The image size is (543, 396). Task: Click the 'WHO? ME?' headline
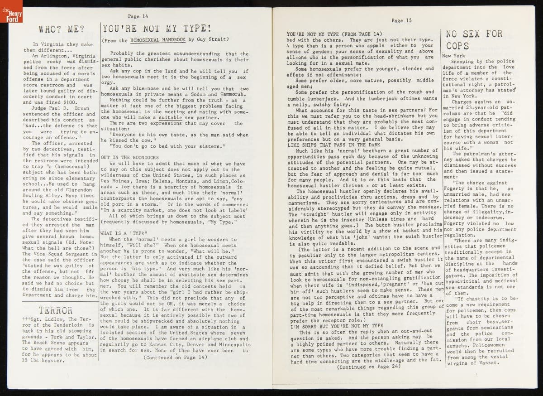[x=61, y=30]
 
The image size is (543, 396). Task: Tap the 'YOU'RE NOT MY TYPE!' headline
[x=156, y=29]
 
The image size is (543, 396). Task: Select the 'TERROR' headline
[x=56, y=310]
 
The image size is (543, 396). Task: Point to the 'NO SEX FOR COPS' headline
[x=474, y=39]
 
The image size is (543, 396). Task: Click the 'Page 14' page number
[x=138, y=16]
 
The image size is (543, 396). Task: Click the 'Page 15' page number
[x=401, y=20]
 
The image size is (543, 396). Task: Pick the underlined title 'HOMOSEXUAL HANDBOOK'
[x=157, y=40]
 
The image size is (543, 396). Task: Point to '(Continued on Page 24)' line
[x=368, y=367]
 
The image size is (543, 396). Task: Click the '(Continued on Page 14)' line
[x=175, y=357]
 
